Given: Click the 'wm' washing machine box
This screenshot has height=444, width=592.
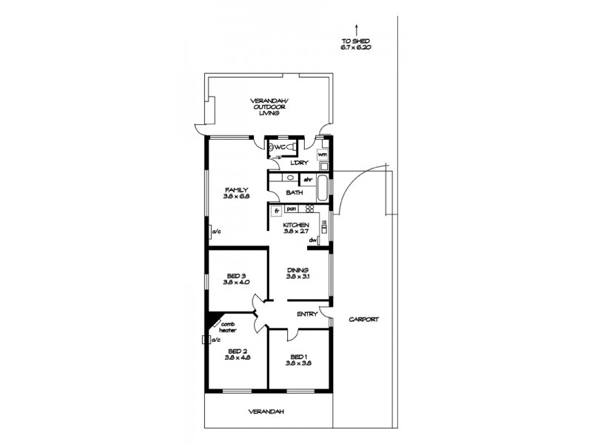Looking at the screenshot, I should [322, 154].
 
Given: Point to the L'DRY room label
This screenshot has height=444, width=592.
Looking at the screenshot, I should [298, 162].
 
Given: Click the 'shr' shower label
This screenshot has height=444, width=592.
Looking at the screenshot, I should [306, 179].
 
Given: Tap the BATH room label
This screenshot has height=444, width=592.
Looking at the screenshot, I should [295, 192].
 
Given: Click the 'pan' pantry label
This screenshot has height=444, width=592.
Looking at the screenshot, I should [291, 209].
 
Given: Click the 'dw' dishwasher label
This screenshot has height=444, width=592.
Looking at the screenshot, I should [314, 240].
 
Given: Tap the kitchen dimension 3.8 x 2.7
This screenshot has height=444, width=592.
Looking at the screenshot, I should [296, 231].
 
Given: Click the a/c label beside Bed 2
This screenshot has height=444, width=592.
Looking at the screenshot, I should [216, 340].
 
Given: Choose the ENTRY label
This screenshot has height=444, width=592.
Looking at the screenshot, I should [306, 314].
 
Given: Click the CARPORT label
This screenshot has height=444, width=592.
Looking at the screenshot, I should [364, 320].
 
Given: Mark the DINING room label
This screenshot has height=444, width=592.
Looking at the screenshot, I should [297, 270].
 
